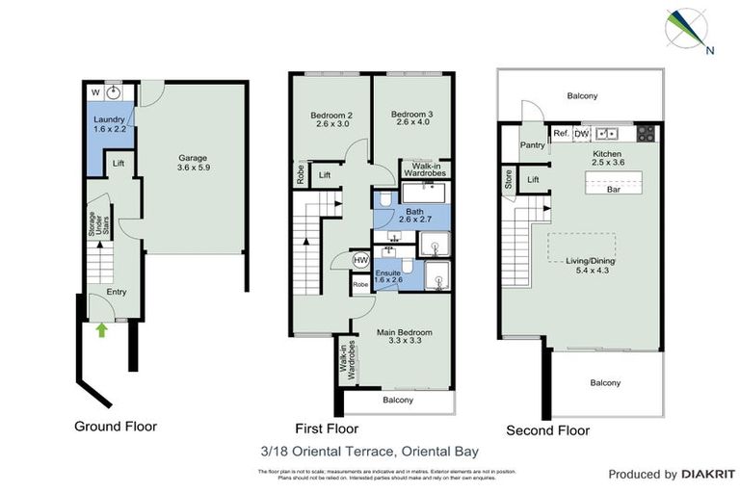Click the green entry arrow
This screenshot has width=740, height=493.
coord(101,330)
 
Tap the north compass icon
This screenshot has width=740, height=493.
coord(687,29)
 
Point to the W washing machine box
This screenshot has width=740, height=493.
coord(94,91)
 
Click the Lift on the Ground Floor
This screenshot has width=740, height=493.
coord(117,165)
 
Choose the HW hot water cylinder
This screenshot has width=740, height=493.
coord(360,260)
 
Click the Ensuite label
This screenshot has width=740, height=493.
coord(389,274)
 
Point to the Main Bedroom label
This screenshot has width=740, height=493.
coord(403,333)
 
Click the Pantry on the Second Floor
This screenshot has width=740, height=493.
coord(532,146)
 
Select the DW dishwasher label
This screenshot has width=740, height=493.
coord(581,133)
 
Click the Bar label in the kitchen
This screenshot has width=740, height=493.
coord(612,190)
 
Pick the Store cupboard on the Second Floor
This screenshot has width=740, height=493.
coord(508,178)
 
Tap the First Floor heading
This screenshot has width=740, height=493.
coord(326,428)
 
